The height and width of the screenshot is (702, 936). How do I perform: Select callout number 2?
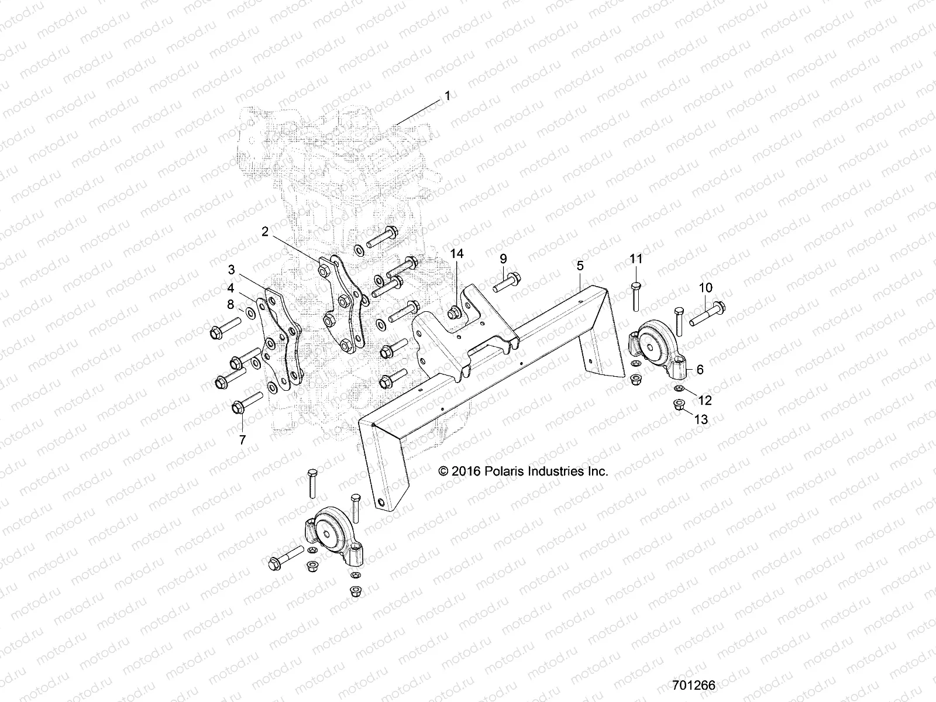click(265, 232)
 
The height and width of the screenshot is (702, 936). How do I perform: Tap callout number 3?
click(232, 270)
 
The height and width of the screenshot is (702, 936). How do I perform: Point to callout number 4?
click(232, 288)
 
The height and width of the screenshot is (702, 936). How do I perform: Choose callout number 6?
click(700, 370)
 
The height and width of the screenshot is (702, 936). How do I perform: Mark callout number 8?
click(230, 304)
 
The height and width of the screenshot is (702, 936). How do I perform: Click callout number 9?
click(503, 258)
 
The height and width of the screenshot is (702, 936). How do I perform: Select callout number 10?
click(706, 287)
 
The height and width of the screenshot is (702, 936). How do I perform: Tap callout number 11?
click(636, 258)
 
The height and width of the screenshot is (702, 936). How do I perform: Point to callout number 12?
click(705, 400)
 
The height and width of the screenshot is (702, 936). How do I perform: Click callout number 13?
click(701, 419)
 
